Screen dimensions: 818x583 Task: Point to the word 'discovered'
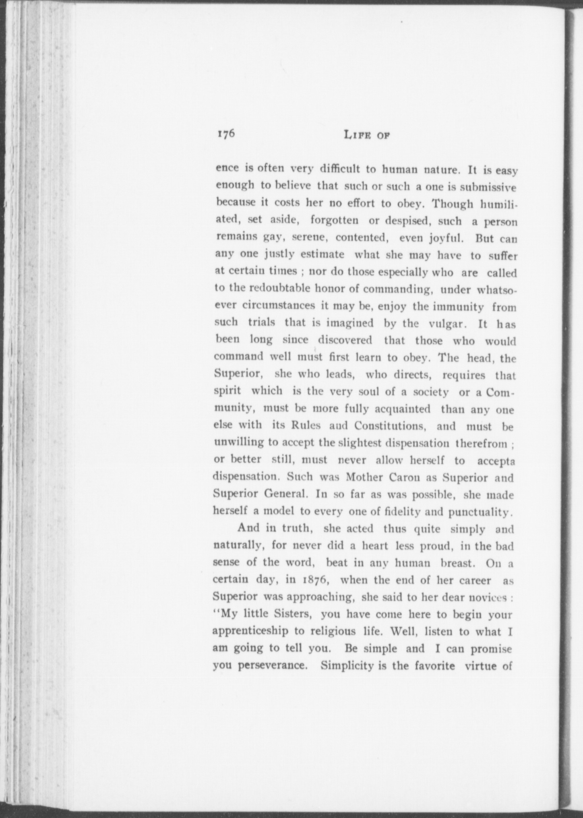pyautogui.click(x=345, y=340)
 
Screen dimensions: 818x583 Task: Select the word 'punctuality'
pyautogui.click(x=481, y=512)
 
